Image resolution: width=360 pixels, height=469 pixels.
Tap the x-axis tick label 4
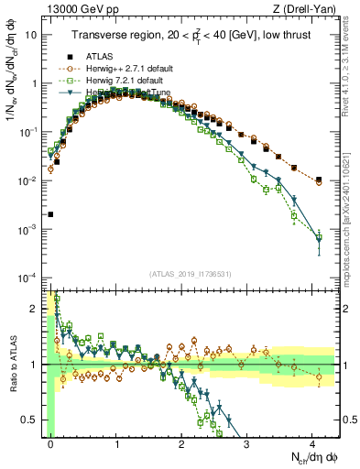click(311, 442)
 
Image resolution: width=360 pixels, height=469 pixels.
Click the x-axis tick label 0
click(51, 442)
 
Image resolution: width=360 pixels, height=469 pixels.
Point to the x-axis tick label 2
click(181, 442)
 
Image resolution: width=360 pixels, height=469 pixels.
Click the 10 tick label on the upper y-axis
click(31, 34)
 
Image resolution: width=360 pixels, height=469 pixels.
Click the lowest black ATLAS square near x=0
click(50, 214)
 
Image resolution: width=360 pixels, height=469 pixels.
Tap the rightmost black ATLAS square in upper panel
click(318, 180)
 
